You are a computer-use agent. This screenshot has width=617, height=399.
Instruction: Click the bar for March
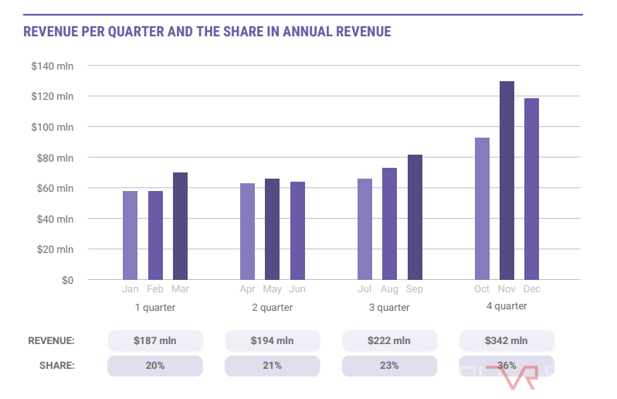click(x=180, y=226)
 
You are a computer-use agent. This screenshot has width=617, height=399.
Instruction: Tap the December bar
click(x=531, y=189)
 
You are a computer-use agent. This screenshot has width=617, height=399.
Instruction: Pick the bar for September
click(x=415, y=217)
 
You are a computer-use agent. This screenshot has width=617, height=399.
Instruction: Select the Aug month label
click(x=390, y=289)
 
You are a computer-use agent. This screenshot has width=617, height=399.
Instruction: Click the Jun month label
click(x=297, y=289)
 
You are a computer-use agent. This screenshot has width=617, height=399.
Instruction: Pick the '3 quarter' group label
click(x=389, y=308)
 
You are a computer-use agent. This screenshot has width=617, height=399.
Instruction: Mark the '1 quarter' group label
click(x=155, y=308)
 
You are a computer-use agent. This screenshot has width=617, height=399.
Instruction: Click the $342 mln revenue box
click(x=507, y=341)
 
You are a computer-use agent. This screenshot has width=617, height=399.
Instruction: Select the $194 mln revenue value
click(x=272, y=341)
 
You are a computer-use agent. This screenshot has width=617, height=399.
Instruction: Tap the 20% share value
click(x=155, y=366)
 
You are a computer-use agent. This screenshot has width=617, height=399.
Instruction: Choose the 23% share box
click(x=389, y=366)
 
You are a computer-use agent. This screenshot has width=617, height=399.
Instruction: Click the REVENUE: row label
click(x=51, y=341)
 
